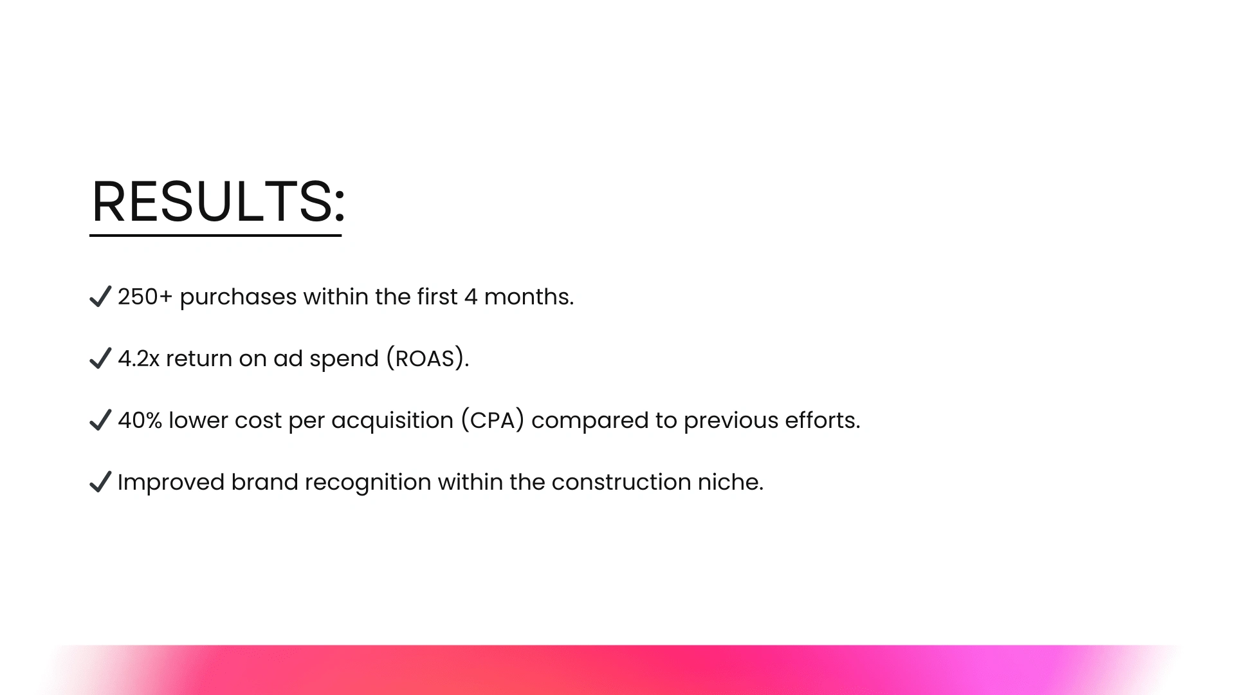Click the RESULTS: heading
(x=218, y=201)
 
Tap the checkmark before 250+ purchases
(x=100, y=297)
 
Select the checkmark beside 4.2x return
(x=100, y=358)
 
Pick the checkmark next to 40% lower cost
(x=100, y=420)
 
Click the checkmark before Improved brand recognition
(x=100, y=482)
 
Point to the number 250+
(x=145, y=297)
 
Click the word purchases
(x=238, y=298)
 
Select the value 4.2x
(x=138, y=358)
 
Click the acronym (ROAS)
(x=428, y=358)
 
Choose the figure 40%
(x=140, y=420)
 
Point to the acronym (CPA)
(x=493, y=420)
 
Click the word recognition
(x=368, y=483)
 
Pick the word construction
(x=621, y=482)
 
